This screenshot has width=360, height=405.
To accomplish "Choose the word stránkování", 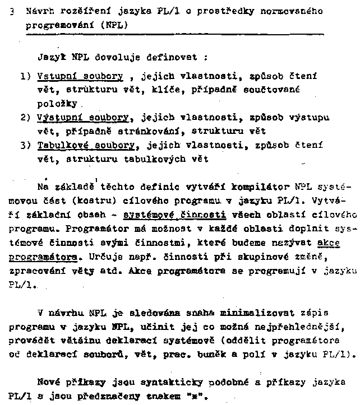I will coord(155,132).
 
